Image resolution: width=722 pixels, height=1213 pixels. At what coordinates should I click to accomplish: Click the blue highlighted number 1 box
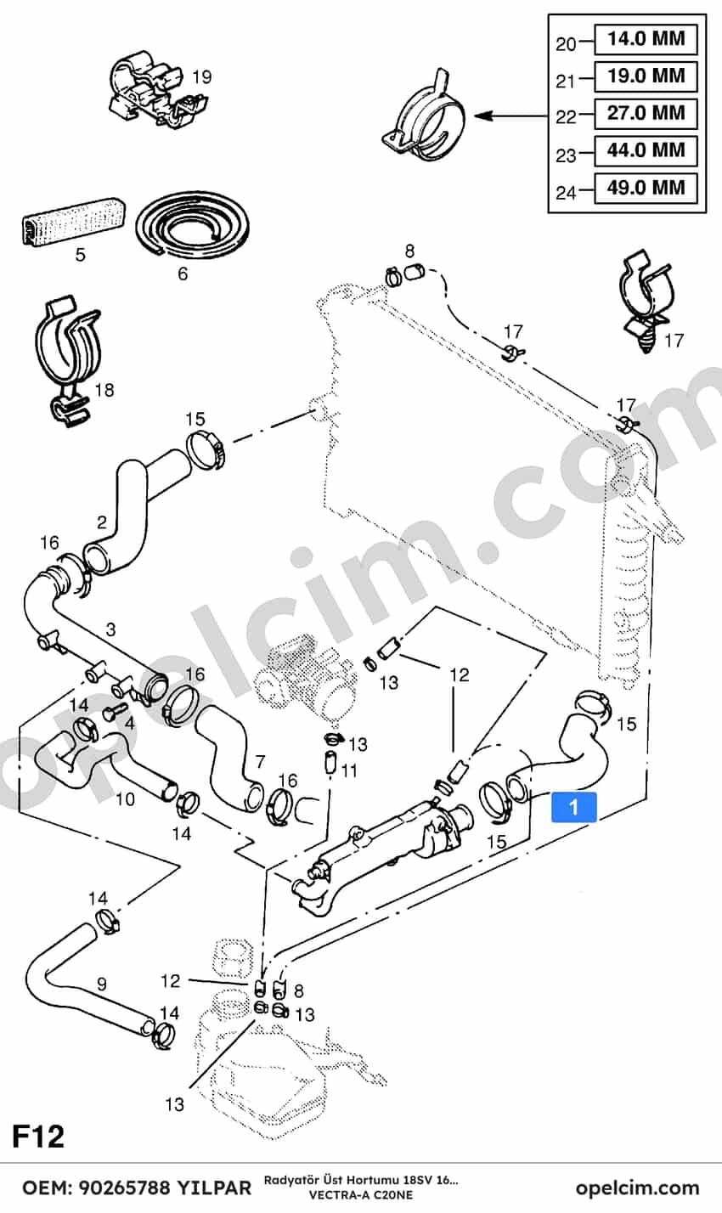[573, 807]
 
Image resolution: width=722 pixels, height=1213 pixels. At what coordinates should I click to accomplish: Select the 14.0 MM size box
[646, 39]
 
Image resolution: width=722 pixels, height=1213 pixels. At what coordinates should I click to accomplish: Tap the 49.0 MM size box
[646, 188]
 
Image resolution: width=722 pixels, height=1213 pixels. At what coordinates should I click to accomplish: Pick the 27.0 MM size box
[646, 113]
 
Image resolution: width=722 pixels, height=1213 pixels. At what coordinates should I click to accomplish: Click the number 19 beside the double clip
[202, 77]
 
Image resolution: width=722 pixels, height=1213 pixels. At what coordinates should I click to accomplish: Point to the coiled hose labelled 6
[193, 228]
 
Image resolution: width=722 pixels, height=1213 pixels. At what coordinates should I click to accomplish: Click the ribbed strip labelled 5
[73, 221]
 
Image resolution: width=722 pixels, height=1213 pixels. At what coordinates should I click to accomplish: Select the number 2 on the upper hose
[102, 522]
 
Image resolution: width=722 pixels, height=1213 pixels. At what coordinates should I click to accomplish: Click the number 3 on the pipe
[110, 629]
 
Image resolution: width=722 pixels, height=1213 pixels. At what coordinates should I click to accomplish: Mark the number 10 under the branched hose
[125, 799]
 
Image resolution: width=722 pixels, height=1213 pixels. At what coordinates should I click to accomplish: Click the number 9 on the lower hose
[102, 984]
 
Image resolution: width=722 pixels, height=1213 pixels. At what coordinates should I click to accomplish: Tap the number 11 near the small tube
[349, 770]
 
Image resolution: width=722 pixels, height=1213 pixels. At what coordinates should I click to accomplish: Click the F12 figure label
[38, 1137]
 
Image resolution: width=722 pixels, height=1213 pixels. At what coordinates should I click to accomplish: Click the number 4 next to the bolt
[129, 724]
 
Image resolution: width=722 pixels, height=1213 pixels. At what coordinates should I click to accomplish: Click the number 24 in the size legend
[566, 192]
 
